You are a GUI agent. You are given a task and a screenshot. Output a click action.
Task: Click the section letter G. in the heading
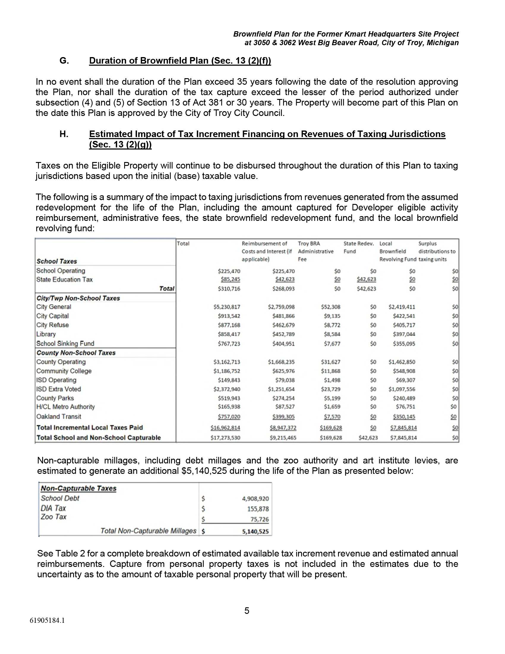tap(64, 61)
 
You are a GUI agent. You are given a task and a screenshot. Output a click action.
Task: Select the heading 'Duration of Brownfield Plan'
tap(180, 61)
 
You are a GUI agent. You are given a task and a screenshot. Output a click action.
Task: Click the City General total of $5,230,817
tap(227, 307)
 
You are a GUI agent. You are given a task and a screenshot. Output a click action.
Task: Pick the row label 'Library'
tap(46, 334)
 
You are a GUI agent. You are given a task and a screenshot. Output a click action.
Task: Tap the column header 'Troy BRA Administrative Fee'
tap(315, 251)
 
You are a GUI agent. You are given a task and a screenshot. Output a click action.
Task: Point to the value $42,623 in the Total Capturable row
tap(368, 438)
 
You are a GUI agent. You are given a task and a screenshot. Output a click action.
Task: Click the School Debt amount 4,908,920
tap(255, 499)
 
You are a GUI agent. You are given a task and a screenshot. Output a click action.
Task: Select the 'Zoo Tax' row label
tap(53, 517)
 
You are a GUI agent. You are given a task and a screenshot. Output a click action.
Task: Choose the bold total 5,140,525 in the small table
tap(255, 532)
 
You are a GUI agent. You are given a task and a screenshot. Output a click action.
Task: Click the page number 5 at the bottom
tap(247, 611)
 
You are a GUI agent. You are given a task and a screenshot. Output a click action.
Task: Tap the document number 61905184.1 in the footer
tap(47, 620)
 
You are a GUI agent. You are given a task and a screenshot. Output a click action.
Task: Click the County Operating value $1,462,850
tap(402, 362)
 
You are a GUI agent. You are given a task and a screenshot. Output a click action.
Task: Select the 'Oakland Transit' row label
tap(59, 416)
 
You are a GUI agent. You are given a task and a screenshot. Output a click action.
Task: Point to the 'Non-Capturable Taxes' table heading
tap(78, 488)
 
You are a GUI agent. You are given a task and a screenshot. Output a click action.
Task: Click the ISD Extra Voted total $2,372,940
tap(227, 389)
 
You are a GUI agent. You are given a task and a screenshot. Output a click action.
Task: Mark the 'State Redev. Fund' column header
tap(359, 247)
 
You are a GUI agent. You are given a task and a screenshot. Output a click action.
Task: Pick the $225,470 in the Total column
tap(229, 271)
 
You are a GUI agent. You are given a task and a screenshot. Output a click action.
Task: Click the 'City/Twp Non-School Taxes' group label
tap(78, 298)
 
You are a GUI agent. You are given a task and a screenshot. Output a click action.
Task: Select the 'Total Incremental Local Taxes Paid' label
tap(89, 427)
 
